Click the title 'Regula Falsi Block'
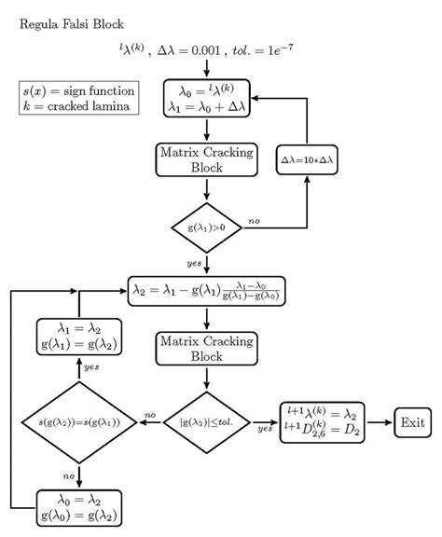pos(71,22)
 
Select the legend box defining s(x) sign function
pos(79,99)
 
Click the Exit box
pos(413,422)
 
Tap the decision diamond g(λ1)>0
pos(206,227)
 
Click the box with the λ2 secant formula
pos(206,290)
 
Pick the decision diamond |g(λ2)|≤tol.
pos(206,422)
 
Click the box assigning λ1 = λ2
pos(79,336)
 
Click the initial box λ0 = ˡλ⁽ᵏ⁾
pos(206,99)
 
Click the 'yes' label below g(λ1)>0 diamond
pos(196,264)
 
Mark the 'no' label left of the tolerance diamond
pos(149,415)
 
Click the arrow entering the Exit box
pos(382,422)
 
